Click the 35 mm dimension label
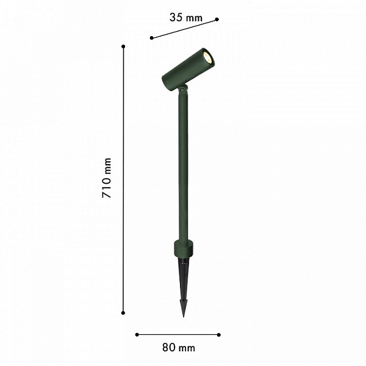186,18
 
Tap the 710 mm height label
107,178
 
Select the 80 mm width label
179,348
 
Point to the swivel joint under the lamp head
182,89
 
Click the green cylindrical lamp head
188,70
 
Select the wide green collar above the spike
184,249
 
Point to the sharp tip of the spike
184,317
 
